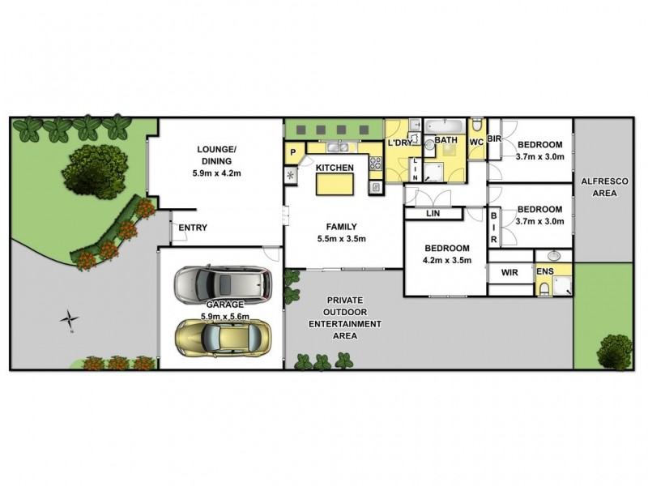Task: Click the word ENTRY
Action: (192, 228)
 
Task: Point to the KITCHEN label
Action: (335, 168)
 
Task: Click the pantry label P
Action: (293, 151)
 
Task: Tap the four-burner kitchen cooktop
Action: (376, 163)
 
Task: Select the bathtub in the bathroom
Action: (444, 126)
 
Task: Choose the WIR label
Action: (509, 273)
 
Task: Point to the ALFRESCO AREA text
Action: (599, 188)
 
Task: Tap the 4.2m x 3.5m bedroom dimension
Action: (446, 261)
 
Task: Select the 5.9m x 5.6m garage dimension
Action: (220, 317)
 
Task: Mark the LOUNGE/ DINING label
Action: (216, 155)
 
